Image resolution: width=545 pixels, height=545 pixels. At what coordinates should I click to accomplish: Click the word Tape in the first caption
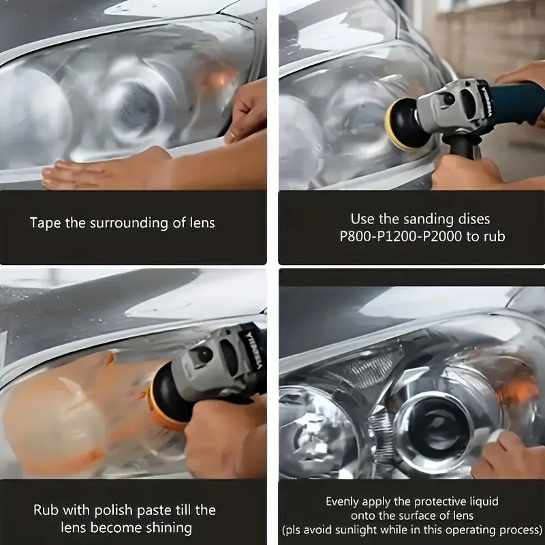(44, 223)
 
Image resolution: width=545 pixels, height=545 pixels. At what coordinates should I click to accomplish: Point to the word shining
(165, 527)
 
